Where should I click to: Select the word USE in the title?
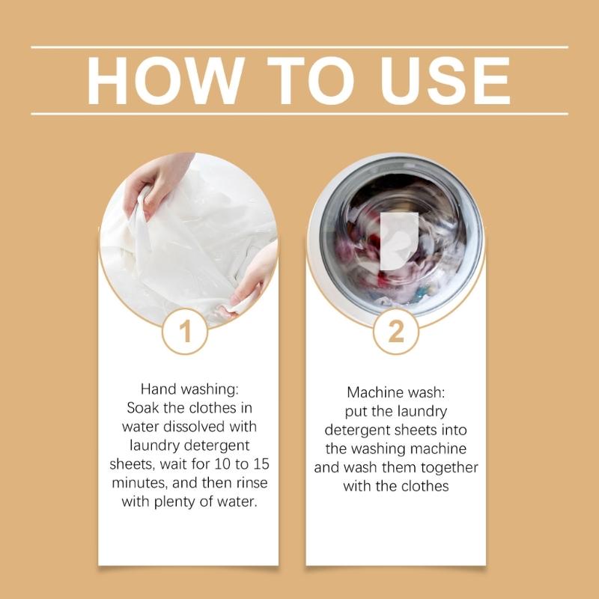[x=443, y=81]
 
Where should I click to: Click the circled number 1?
[x=185, y=331]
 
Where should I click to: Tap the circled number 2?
[x=396, y=331]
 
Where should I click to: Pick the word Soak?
[x=142, y=409]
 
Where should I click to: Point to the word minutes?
[x=146, y=483]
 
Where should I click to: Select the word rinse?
[x=251, y=483]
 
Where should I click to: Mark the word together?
[x=449, y=468]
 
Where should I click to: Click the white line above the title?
[x=299, y=47]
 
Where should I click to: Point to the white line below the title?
[x=299, y=114]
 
